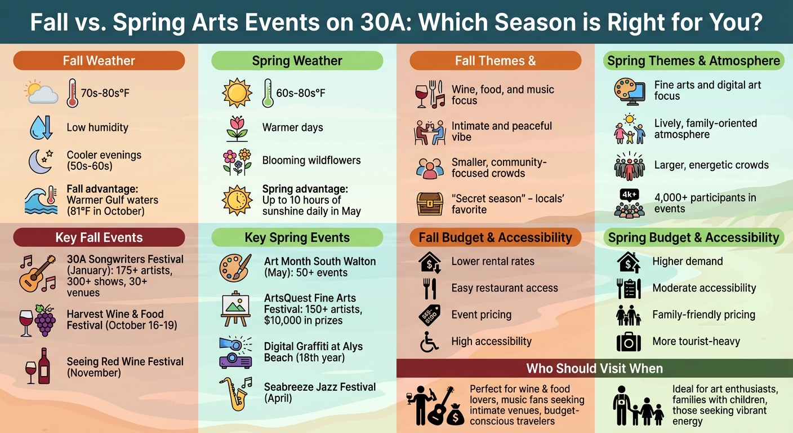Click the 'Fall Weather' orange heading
click(x=99, y=60)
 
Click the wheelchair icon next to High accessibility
click(x=430, y=342)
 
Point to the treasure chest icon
click(x=430, y=204)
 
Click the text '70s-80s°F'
click(x=105, y=92)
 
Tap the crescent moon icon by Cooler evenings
click(x=39, y=161)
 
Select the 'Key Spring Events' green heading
click(x=297, y=237)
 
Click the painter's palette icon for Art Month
click(x=234, y=267)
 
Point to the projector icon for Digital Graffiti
click(x=235, y=352)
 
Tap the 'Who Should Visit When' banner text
click(x=594, y=369)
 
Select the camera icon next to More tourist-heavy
click(x=629, y=342)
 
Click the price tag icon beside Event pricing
click(x=430, y=315)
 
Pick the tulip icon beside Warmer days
click(x=237, y=128)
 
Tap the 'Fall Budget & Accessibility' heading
click(x=495, y=237)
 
